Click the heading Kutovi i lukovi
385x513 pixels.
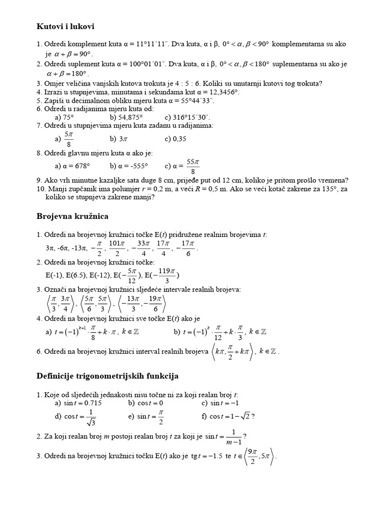(x=66, y=26)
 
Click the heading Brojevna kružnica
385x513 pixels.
(x=72, y=216)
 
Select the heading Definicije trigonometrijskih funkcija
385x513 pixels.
(x=108, y=375)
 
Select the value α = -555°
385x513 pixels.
(x=134, y=166)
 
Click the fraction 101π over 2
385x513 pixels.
(x=117, y=248)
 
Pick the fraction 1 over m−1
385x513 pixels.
(x=233, y=437)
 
